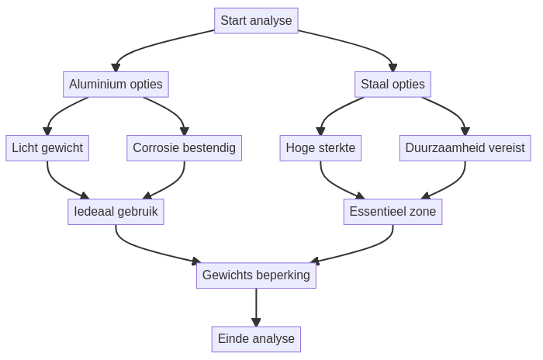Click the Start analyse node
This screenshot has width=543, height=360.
pyautogui.click(x=256, y=20)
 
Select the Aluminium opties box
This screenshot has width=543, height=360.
pyautogui.click(x=116, y=84)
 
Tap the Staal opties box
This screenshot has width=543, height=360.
pyautogui.click(x=393, y=84)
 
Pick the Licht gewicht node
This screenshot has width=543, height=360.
pyautogui.click(x=47, y=147)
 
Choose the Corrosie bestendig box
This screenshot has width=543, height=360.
pyautogui.click(x=184, y=147)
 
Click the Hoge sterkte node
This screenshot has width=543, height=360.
pyautogui.click(x=320, y=147)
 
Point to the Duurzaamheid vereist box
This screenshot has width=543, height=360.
pyautogui.click(x=465, y=147)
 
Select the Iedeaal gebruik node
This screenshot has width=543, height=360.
pyautogui.click(x=116, y=211)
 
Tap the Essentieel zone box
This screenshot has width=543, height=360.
pyautogui.click(x=393, y=211)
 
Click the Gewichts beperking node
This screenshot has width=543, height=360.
pyautogui.click(x=256, y=275)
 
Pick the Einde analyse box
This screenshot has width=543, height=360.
pyautogui.click(x=256, y=338)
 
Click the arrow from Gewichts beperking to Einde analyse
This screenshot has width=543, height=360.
pyautogui.click(x=256, y=307)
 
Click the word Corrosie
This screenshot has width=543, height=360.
pyautogui.click(x=155, y=147)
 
